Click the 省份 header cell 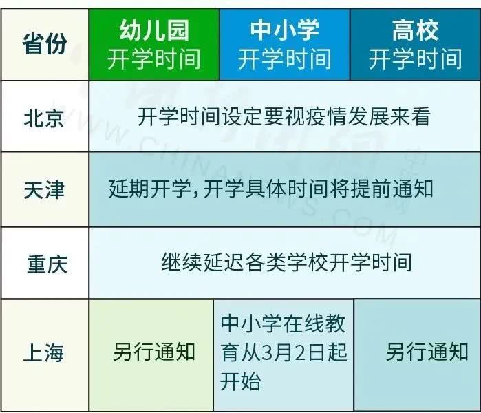45,45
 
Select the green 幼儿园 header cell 154,45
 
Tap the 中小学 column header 285,45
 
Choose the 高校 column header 416,45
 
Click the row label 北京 44,118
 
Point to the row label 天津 44,189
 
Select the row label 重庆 47,264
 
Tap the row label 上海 43,353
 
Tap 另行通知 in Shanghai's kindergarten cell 154,352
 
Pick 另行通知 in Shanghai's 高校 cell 427,352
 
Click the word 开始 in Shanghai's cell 241,381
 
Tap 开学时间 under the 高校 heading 416,59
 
